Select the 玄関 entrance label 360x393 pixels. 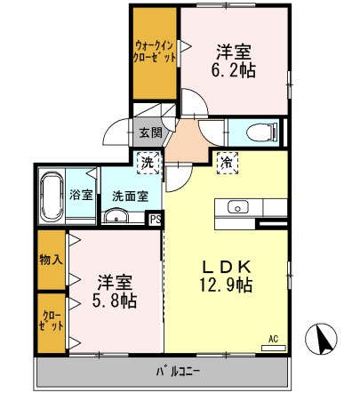pos(150,133)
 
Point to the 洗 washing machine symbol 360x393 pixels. pos(147,162)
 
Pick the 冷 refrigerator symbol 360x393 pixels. pos(227,162)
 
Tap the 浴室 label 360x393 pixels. pos(82,195)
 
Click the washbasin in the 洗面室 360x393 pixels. pos(114,217)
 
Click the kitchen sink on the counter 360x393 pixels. pos(238,207)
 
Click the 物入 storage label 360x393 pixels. pos(51,261)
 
